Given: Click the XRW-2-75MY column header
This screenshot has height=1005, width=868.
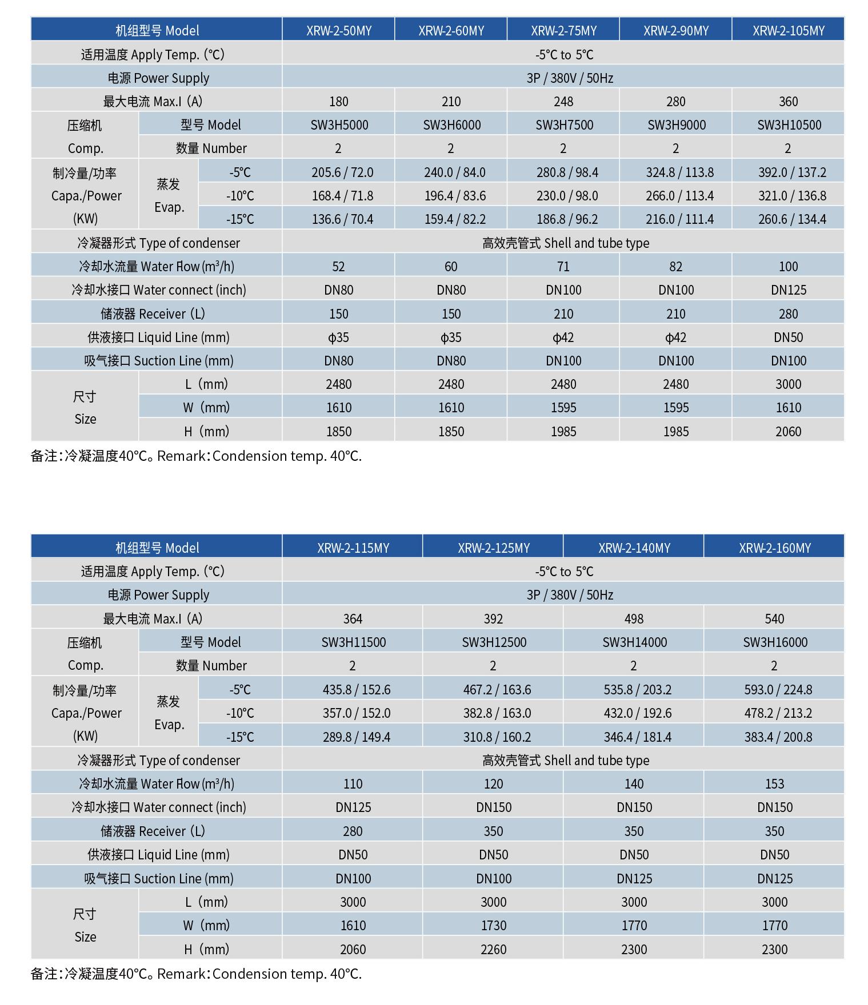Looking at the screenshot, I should (x=563, y=30).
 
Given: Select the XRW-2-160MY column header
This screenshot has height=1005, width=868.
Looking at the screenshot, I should (x=774, y=548).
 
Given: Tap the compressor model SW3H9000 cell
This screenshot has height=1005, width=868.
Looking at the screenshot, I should (x=676, y=124).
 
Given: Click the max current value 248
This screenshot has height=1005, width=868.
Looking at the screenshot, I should (x=563, y=101).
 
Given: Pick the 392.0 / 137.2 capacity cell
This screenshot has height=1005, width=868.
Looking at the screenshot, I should (x=788, y=172).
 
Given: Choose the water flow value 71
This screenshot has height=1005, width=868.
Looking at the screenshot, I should (x=563, y=266).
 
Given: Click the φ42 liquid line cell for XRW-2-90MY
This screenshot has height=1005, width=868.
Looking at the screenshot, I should (x=676, y=337).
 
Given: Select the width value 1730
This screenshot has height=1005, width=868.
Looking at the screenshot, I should (x=493, y=925).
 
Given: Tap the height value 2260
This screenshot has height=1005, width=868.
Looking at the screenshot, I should (x=493, y=949).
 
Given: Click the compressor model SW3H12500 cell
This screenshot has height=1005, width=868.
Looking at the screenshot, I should (x=494, y=642).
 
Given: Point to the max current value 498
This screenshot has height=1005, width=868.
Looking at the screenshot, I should (x=634, y=618).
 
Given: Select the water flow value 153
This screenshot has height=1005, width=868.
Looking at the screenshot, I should (x=774, y=783).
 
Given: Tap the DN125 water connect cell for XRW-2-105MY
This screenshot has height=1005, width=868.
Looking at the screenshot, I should (x=788, y=290).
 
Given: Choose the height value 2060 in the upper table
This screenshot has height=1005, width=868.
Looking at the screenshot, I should (x=788, y=431).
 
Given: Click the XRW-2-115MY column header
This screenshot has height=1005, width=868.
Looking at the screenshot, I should (x=353, y=548).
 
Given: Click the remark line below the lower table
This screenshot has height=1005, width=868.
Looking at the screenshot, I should (x=196, y=974).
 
